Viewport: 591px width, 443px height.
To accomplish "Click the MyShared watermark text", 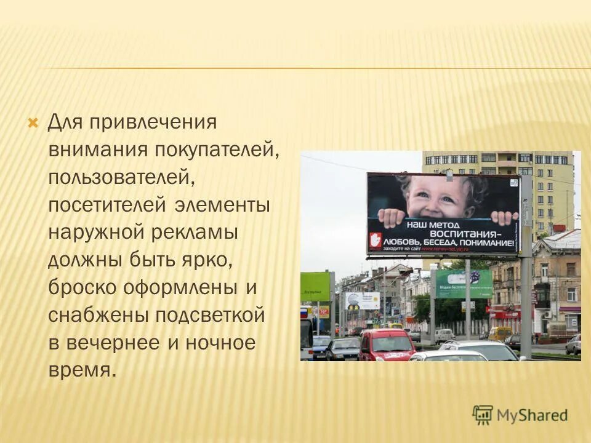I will (x=533, y=415).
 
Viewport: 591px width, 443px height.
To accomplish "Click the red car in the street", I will (x=387, y=345).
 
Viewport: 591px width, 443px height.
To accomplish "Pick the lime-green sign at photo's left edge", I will (x=315, y=286).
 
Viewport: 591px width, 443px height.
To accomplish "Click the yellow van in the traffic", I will (x=500, y=333).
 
